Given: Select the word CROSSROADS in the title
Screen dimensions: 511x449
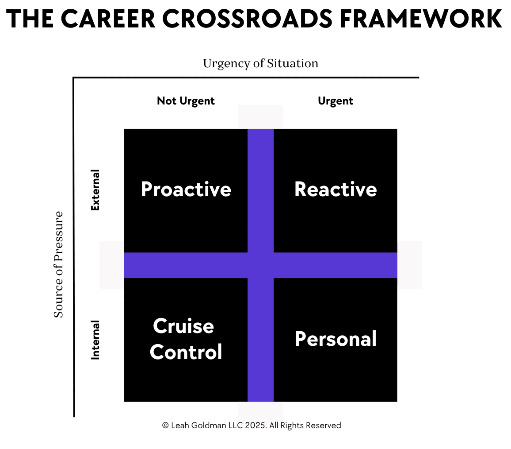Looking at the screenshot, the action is [x=248, y=19].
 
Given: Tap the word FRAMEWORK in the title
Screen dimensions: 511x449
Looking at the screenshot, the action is [x=421, y=19].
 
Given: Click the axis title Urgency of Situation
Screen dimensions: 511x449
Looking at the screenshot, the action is [x=261, y=63].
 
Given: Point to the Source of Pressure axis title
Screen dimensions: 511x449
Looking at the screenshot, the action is [x=59, y=264].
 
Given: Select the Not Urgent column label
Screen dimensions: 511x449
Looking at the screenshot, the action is [x=186, y=101].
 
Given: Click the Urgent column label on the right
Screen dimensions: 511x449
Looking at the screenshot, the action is [x=336, y=101].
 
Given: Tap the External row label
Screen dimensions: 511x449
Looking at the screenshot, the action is [x=95, y=190].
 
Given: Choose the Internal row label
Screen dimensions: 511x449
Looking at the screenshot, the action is [x=95, y=340].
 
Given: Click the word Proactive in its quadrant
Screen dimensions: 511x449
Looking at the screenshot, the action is [x=186, y=189].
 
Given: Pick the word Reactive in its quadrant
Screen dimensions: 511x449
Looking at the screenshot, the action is [x=336, y=189].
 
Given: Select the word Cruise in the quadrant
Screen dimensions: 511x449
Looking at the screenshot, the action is [x=183, y=326].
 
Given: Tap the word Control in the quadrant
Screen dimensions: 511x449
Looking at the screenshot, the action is [x=186, y=352].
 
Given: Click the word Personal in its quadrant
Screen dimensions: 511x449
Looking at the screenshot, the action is [x=336, y=339].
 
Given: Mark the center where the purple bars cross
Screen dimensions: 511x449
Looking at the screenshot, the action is [x=261, y=265].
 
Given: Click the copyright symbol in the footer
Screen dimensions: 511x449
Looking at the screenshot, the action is [x=165, y=425].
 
